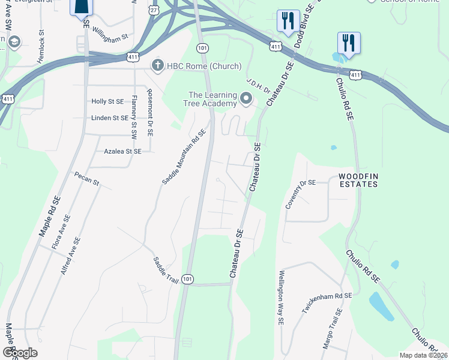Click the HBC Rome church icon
[x=158, y=65]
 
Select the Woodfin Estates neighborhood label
[x=358, y=180]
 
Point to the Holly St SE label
[x=107, y=102]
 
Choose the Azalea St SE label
[x=122, y=152]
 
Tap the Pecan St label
[x=86, y=179]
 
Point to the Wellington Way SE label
[x=280, y=298]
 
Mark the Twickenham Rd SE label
[x=327, y=304]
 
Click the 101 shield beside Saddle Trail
[x=188, y=279]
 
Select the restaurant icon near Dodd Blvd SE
[x=288, y=21]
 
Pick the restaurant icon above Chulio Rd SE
[x=348, y=43]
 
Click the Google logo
[x=20, y=353]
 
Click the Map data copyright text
[x=423, y=355]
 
